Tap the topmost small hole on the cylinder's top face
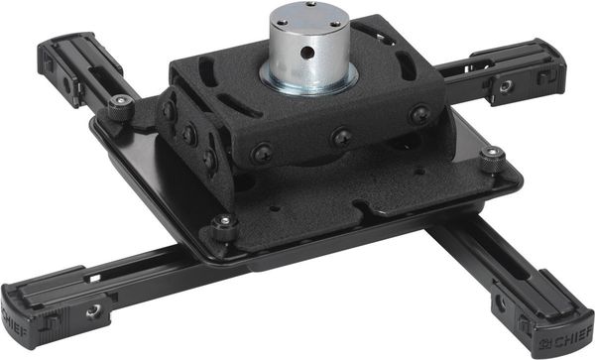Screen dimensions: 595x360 click(310, 4)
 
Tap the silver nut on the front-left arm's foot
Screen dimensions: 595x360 click(93, 311)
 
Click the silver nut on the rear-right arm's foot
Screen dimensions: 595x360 click(505, 87)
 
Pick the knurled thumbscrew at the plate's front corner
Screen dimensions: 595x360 click(224, 227)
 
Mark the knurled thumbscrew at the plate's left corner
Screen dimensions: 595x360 click(121, 107)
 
